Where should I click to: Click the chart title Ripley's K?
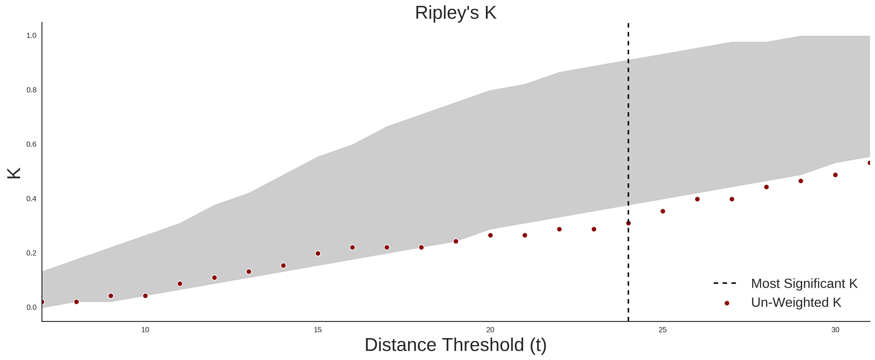455,13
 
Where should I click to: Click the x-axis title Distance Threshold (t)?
455,345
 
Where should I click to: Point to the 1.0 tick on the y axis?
31,36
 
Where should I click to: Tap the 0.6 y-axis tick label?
31,144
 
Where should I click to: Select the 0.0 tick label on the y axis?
31,307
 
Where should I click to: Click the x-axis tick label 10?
145,330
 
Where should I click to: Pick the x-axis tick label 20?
490,330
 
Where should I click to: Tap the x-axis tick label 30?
835,330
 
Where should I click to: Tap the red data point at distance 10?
145,296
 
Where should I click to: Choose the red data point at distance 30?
835,175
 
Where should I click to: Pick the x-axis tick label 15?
318,330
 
